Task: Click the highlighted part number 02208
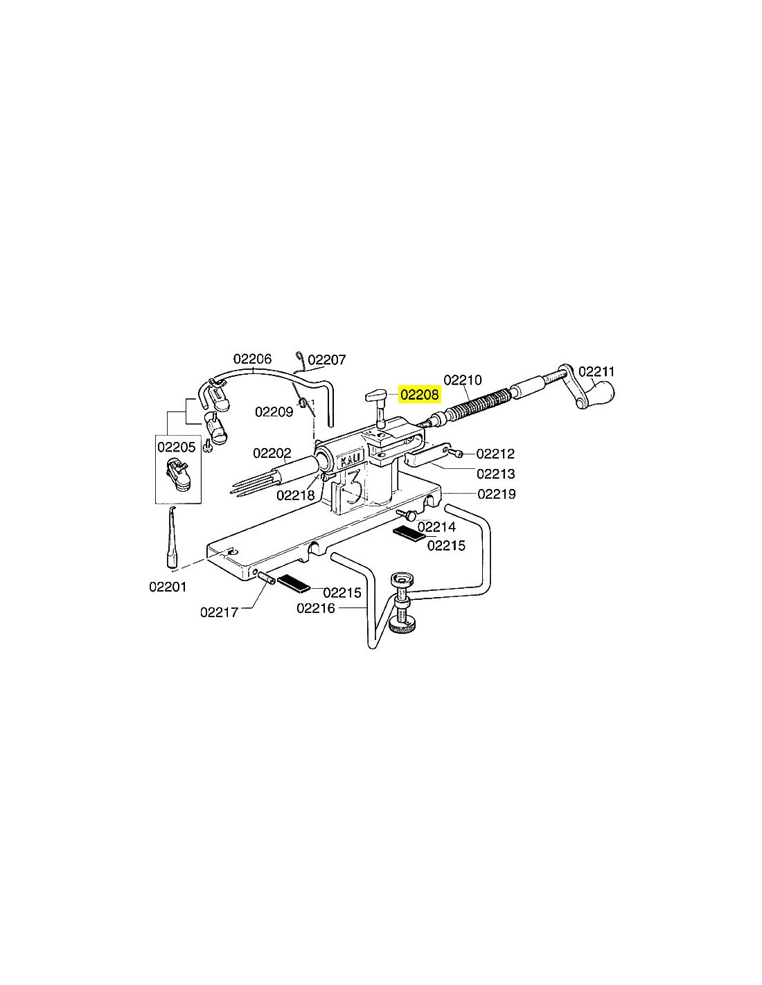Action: (419, 394)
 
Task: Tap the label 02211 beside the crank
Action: (596, 372)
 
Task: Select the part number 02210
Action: (462, 380)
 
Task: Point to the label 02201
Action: (168, 587)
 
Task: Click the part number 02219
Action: (497, 494)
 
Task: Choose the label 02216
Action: (316, 608)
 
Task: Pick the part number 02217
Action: (220, 612)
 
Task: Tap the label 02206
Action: (252, 359)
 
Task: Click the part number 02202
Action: (272, 453)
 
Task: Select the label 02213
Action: (496, 474)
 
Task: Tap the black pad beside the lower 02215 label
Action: (293, 583)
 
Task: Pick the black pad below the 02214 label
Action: (409, 533)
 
